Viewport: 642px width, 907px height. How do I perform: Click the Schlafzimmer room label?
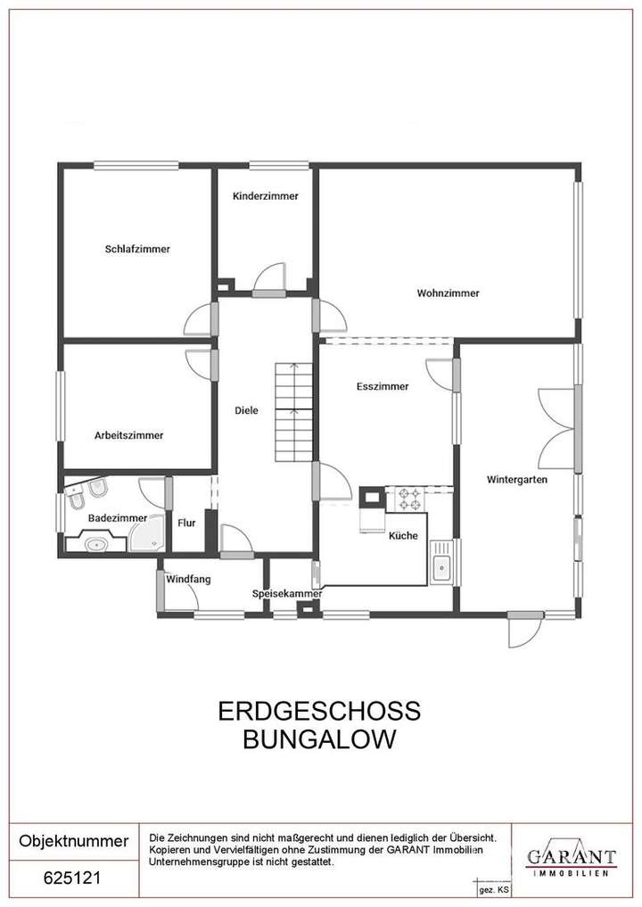tap(136, 249)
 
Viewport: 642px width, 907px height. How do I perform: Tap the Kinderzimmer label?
tap(265, 196)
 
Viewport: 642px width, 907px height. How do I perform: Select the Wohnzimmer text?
tap(448, 293)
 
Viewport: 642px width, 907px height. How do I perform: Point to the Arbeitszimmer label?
tap(128, 435)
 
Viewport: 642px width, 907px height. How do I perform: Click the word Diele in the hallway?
tap(246, 410)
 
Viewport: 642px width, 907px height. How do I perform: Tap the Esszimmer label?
tap(382, 386)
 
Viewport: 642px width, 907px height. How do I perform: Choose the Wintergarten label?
tap(516, 479)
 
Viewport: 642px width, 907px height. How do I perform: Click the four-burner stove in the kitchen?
tap(409, 499)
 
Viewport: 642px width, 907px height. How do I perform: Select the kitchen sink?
tap(440, 563)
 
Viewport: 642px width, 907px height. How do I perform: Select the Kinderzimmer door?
tap(268, 279)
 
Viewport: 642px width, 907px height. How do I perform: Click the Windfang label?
tap(188, 579)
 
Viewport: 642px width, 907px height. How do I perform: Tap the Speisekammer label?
tap(286, 593)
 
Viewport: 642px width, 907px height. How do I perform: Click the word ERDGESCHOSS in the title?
tap(319, 711)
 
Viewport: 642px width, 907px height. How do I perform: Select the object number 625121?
tap(73, 878)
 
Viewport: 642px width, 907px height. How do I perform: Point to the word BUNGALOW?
tap(319, 739)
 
